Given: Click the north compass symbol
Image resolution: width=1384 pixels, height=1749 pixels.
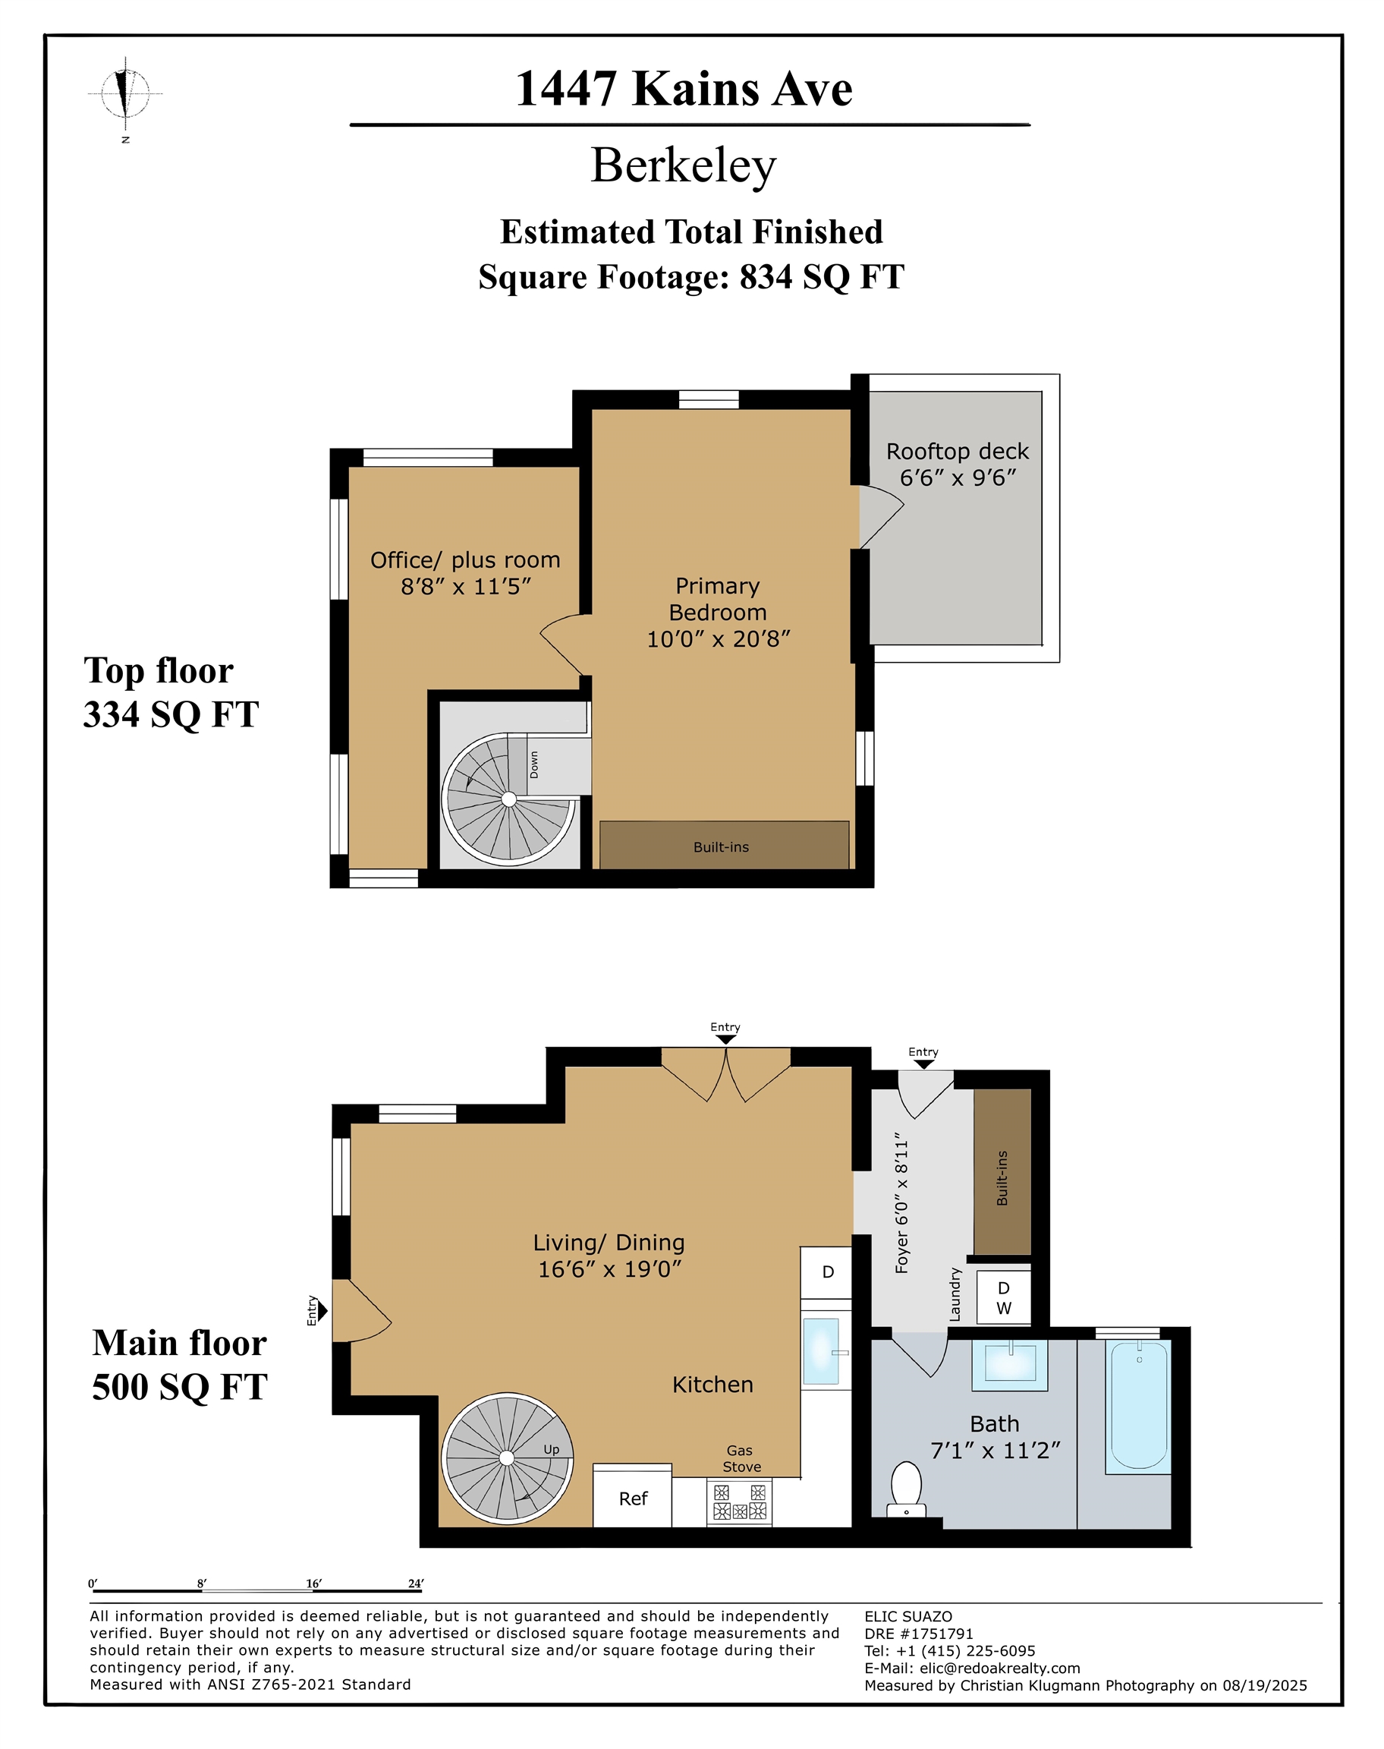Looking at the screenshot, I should (126, 93).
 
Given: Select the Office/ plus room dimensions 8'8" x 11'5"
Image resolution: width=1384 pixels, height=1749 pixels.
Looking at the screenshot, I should (465, 587).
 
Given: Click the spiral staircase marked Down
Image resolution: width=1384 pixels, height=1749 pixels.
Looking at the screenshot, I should (509, 799).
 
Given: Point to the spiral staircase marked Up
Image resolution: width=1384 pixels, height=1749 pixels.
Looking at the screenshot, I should (508, 1458).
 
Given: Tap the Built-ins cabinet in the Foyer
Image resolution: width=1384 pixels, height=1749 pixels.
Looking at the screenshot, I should (1002, 1171).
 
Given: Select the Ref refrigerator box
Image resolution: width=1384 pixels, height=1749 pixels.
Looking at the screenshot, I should (632, 1498).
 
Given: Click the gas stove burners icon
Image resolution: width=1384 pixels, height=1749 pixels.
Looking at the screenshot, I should (738, 1501).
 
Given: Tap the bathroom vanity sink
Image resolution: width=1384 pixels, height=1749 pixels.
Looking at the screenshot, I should (1010, 1365).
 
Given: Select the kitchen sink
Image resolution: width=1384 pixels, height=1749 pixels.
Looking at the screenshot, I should (821, 1350).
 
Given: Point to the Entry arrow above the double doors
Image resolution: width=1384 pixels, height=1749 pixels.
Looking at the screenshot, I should (725, 1039).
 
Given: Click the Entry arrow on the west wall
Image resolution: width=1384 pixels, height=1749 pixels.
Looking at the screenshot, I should (322, 1310).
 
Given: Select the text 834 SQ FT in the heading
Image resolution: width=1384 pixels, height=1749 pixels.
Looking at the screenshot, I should (821, 277).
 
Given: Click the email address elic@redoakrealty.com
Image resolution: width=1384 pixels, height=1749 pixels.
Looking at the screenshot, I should (999, 1668).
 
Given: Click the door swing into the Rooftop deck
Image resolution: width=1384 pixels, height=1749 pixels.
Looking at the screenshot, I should (880, 514).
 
